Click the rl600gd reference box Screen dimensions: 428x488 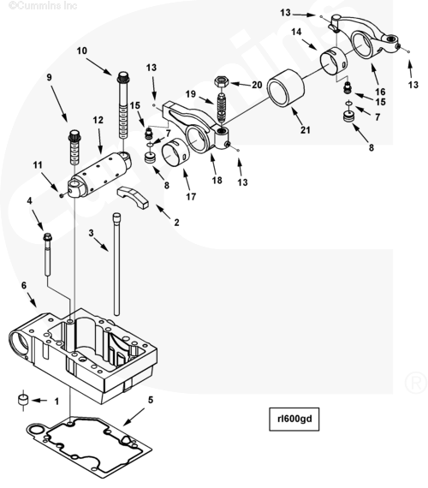click(x=294, y=419)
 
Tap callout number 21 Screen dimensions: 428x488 click(x=306, y=130)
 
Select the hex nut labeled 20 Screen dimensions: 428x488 click(x=222, y=82)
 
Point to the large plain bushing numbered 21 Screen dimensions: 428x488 click(x=286, y=88)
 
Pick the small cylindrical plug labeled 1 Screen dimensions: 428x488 click(x=23, y=400)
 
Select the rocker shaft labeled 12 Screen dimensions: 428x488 click(x=99, y=175)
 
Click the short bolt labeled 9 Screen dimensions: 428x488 click(x=74, y=147)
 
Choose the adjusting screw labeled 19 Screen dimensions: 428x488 click(x=222, y=107)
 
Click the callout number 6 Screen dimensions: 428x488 click(x=24, y=285)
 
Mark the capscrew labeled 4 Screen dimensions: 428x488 click(x=48, y=254)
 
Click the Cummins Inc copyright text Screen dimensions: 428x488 click(x=44, y=5)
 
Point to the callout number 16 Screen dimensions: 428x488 click(x=380, y=92)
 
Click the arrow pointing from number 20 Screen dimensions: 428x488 click(x=240, y=84)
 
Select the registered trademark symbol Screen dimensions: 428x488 click(x=415, y=382)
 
